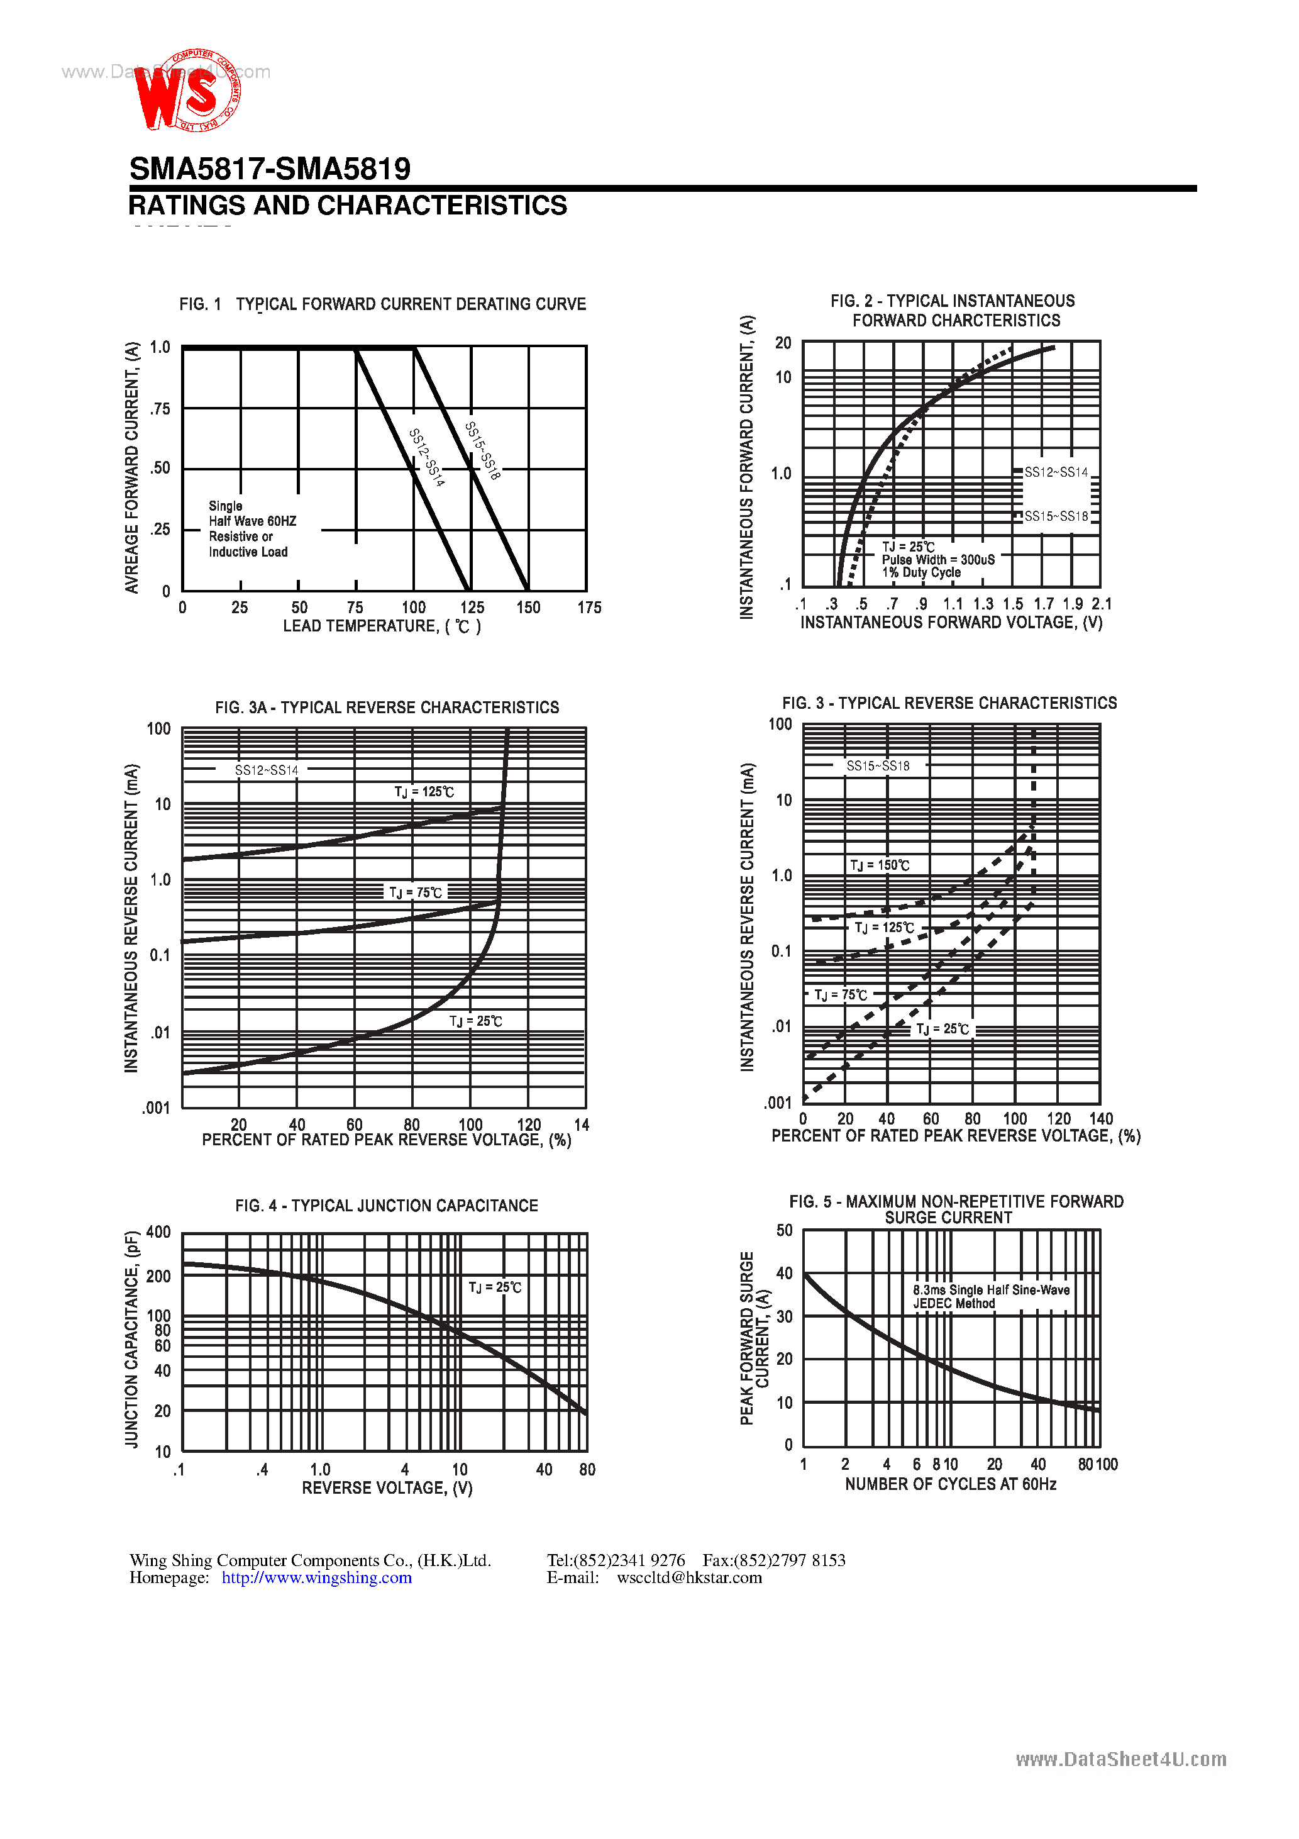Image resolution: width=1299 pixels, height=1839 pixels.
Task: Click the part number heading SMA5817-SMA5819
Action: point(270,169)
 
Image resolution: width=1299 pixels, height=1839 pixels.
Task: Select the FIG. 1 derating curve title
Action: point(383,304)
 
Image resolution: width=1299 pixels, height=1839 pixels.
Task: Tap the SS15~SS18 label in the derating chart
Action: point(483,451)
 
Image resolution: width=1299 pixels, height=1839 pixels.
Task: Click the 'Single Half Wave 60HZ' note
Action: point(252,521)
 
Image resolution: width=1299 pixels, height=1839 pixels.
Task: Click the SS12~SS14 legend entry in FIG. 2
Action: point(1056,472)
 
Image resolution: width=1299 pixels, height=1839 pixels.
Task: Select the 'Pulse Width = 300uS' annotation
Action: point(938,560)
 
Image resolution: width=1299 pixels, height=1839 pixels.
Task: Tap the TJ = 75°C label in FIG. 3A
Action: point(416,892)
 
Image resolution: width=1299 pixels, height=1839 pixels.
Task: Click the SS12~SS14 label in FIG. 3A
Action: point(266,770)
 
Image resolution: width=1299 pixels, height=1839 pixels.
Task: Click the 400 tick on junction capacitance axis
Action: point(158,1232)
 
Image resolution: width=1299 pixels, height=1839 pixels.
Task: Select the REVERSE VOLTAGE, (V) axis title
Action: point(387,1487)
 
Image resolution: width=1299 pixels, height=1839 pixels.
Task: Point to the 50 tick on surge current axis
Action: point(785,1230)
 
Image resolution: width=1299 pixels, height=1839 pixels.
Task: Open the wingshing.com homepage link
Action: point(316,1577)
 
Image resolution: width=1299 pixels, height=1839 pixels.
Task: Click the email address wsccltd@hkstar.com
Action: point(688,1577)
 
